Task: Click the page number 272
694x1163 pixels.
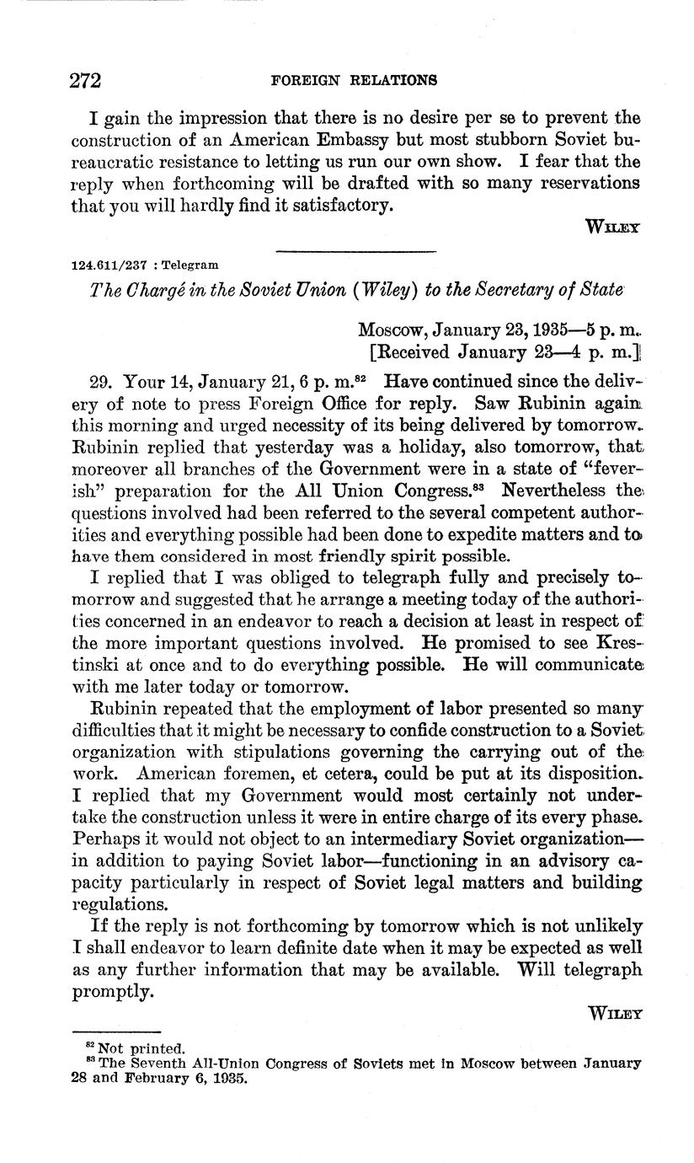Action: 85,81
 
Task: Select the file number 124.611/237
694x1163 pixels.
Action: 107,265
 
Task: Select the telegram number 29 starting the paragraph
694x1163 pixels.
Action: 99,380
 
